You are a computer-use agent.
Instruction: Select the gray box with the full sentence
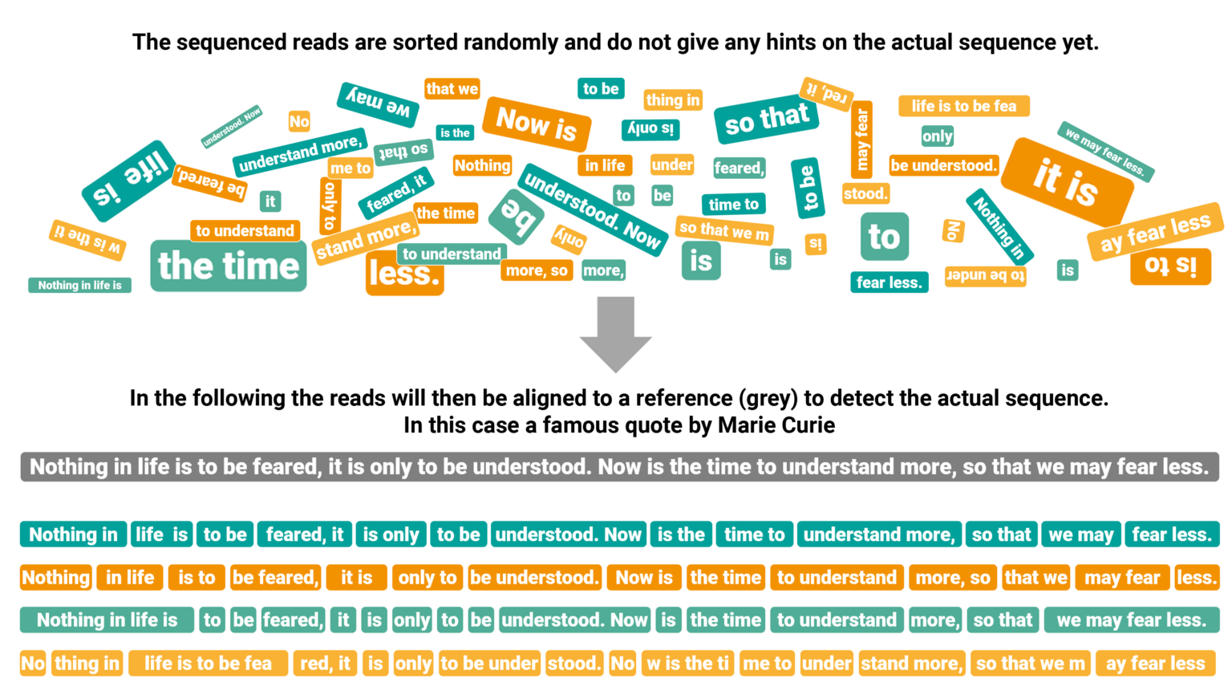pyautogui.click(x=619, y=467)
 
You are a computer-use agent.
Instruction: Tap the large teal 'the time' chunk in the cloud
pyautogui.click(x=229, y=266)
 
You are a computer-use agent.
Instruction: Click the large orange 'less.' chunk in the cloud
pyautogui.click(x=404, y=274)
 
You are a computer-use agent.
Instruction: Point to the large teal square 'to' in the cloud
pyautogui.click(x=884, y=237)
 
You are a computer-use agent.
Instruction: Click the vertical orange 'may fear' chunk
pyautogui.click(x=861, y=140)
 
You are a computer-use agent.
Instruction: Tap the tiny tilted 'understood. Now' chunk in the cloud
pyautogui.click(x=231, y=127)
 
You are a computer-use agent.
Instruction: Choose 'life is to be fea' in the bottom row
pyautogui.click(x=208, y=664)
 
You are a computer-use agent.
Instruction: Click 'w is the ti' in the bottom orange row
pyautogui.click(x=687, y=664)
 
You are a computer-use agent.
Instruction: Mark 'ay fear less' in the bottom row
pyautogui.click(x=1155, y=664)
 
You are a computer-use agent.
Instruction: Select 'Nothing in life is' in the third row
pyautogui.click(x=107, y=620)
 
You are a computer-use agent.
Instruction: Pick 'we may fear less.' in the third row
pyautogui.click(x=1131, y=620)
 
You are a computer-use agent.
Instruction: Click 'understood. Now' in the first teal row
pyautogui.click(x=569, y=535)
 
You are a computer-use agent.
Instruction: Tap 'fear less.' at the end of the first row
pyautogui.click(x=1172, y=535)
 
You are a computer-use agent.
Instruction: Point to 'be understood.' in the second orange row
pyautogui.click(x=534, y=578)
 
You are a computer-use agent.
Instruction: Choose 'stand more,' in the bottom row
pyautogui.click(x=911, y=664)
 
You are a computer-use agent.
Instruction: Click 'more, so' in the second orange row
pyautogui.click(x=953, y=578)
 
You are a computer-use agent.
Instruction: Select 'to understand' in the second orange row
pyautogui.click(x=837, y=578)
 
